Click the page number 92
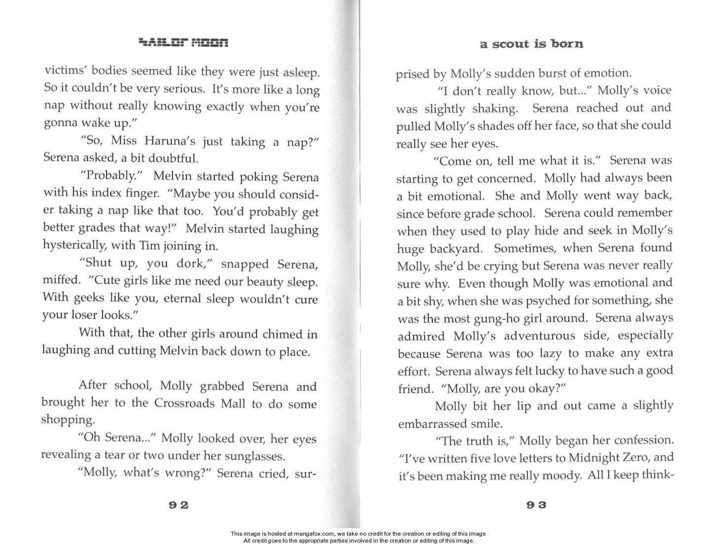click(179, 505)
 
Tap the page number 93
click(536, 505)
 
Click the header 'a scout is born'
click(532, 44)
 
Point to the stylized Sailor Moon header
click(183, 43)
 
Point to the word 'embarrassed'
click(429, 424)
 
